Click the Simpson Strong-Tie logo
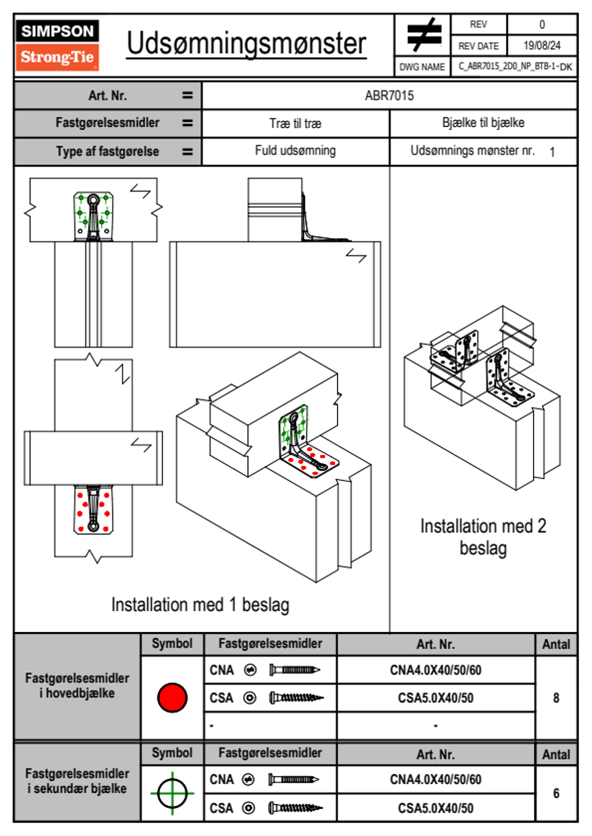(x=57, y=45)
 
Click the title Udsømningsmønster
(x=246, y=44)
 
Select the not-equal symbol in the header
(x=423, y=35)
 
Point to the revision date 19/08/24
(x=542, y=46)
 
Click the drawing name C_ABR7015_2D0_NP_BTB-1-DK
(x=515, y=67)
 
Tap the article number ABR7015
(x=389, y=95)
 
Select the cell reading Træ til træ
(x=296, y=123)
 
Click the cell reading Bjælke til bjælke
(x=483, y=123)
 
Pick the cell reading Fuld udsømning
(x=296, y=151)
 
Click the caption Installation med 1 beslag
(x=200, y=605)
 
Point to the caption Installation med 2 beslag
(x=483, y=537)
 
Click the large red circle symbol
(x=172, y=697)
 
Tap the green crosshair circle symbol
(x=172, y=793)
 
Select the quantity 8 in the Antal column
(x=556, y=698)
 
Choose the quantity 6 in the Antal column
(x=556, y=793)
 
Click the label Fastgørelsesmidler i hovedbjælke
(x=77, y=685)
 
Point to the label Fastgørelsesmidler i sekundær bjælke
(x=77, y=781)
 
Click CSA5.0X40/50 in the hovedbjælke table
(x=435, y=698)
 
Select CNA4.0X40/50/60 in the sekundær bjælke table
(x=435, y=779)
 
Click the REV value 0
(x=542, y=24)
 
